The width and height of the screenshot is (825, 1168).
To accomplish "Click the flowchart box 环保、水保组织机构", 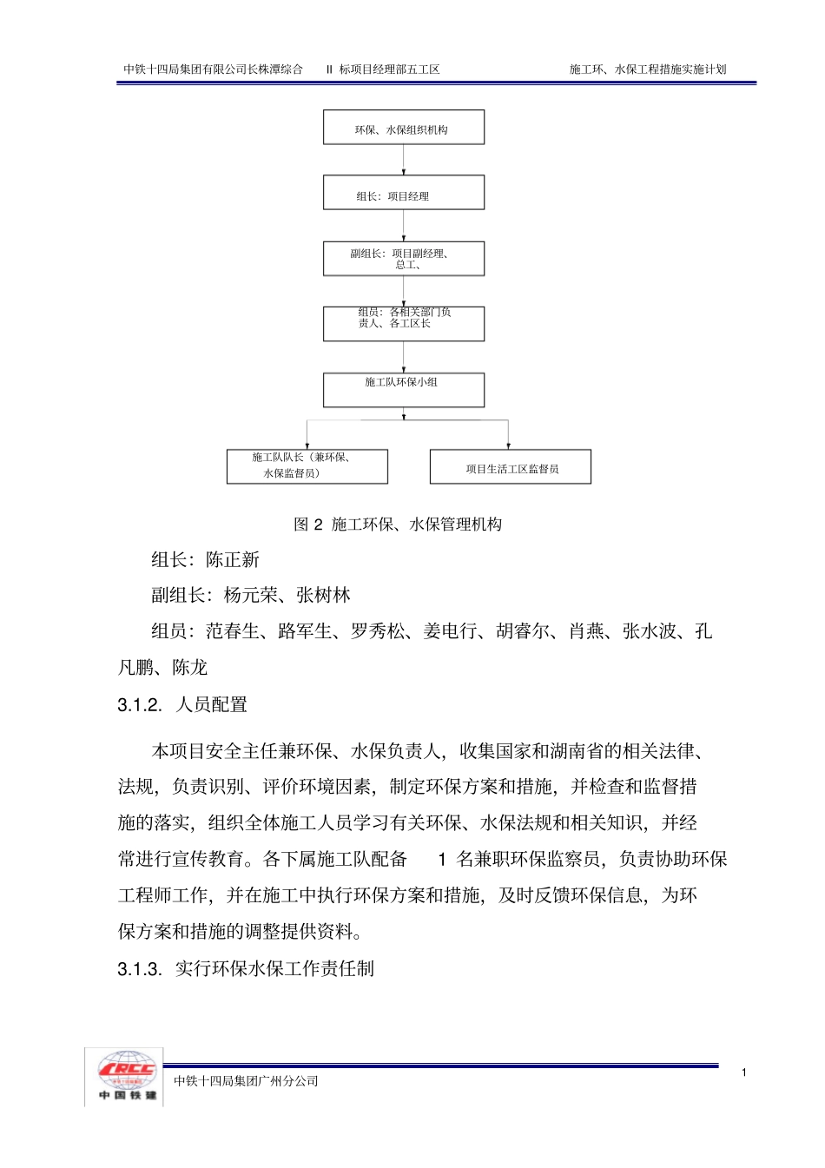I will [x=403, y=128].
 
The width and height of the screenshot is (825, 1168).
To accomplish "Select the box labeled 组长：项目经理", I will [x=403, y=193].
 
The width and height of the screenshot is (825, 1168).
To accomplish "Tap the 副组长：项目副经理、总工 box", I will [x=403, y=259].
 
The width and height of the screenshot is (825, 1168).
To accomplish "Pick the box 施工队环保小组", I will [x=403, y=390].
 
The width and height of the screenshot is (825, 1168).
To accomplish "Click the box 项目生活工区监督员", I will [x=511, y=467].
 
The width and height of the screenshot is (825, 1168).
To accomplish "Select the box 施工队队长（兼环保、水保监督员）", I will [x=307, y=466].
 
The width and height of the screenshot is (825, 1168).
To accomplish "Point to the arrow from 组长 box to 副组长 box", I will [x=404, y=225].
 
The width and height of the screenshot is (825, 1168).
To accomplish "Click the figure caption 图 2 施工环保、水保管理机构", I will [x=398, y=525].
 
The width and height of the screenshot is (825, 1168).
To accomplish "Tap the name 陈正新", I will [x=233, y=560].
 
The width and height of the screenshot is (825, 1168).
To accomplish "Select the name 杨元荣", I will [x=251, y=596].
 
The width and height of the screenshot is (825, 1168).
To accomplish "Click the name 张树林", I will [x=323, y=596].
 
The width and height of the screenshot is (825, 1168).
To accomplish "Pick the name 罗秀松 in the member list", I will [x=378, y=632].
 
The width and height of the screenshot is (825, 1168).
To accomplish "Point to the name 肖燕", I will [x=586, y=632].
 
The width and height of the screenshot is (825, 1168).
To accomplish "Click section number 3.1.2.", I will [x=140, y=705].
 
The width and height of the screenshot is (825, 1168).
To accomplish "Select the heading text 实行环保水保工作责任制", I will [x=274, y=969].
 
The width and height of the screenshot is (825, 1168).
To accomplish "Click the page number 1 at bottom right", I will [x=744, y=1072].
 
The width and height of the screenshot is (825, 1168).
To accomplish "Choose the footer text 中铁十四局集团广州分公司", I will [x=246, y=1081].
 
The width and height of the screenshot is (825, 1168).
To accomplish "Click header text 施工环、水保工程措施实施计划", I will [x=648, y=69].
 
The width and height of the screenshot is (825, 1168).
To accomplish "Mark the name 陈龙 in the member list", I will [x=189, y=668].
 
